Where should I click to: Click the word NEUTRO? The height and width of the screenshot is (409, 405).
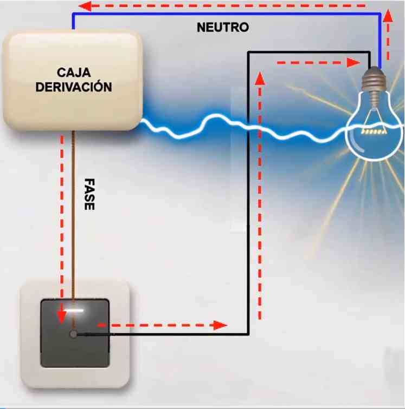point(222,27)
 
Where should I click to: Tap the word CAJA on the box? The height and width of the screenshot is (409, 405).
point(74,72)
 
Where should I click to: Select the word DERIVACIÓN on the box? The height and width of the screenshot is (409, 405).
point(74,87)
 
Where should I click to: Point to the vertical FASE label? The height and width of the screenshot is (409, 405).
point(89,195)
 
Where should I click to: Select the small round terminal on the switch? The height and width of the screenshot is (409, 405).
point(73,334)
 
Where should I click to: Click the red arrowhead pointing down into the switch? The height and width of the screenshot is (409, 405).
point(62,314)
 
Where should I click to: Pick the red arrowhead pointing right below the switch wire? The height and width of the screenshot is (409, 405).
point(220,325)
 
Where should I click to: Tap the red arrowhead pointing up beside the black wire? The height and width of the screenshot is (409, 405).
point(260,77)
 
